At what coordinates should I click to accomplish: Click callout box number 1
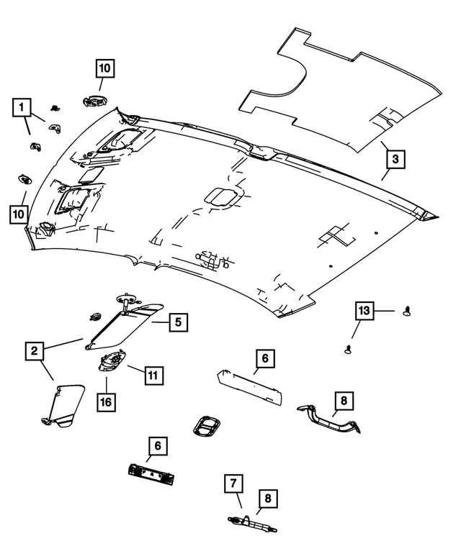click(22, 107)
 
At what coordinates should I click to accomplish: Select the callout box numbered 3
click(395, 159)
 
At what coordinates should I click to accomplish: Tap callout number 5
click(178, 322)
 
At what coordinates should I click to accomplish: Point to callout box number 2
click(35, 351)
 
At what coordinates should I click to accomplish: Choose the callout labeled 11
click(153, 376)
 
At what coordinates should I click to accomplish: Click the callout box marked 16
click(106, 402)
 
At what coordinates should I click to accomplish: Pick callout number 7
click(233, 483)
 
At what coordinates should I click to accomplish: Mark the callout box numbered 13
click(364, 311)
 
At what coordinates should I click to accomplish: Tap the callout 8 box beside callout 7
click(268, 499)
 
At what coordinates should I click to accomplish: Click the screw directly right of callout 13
click(407, 311)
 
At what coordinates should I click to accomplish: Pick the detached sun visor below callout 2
click(63, 405)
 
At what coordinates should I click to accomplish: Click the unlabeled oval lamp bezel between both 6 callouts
click(206, 426)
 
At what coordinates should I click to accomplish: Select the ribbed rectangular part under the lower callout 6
click(151, 474)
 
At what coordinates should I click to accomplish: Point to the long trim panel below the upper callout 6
click(249, 388)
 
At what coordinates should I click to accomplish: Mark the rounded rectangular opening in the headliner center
click(220, 197)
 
